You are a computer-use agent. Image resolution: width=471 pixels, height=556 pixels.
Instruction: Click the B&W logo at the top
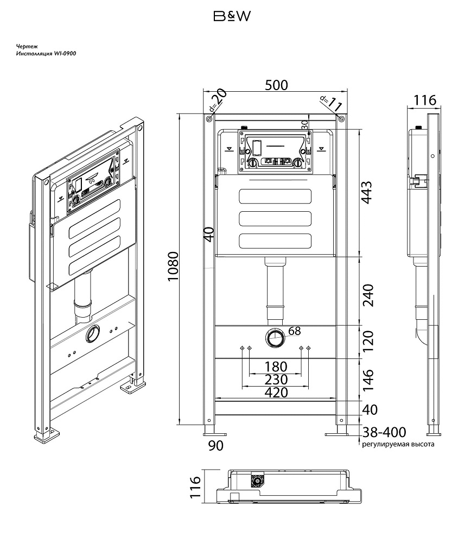click(232, 16)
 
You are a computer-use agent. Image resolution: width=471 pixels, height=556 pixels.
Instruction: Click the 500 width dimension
click(277, 85)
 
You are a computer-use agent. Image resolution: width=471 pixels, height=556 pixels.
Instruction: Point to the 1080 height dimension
click(173, 267)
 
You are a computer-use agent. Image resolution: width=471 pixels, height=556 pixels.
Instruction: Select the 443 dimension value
click(367, 193)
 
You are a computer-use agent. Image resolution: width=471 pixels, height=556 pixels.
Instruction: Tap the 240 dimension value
click(368, 295)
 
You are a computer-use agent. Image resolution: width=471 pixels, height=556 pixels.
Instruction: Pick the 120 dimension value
click(368, 342)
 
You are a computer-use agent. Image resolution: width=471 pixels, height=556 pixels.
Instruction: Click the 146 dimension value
click(368, 380)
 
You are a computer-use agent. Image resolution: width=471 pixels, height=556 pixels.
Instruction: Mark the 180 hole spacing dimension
click(276, 367)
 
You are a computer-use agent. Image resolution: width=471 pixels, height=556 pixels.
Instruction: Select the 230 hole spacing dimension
click(276, 380)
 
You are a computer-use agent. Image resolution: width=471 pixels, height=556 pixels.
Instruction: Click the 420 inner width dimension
click(276, 393)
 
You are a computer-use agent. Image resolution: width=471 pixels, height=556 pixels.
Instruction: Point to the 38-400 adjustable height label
click(384, 432)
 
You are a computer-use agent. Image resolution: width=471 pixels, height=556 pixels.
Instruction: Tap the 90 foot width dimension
click(216, 446)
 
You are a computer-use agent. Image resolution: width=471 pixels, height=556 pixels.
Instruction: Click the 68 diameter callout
click(295, 331)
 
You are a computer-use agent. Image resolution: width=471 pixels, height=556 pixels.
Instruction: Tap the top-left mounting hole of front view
click(209, 119)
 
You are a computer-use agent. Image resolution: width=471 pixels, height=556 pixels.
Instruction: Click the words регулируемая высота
click(398, 444)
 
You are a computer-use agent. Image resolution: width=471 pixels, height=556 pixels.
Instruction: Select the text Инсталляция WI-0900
click(46, 54)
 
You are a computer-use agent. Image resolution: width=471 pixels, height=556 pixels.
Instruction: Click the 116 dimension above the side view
click(425, 100)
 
